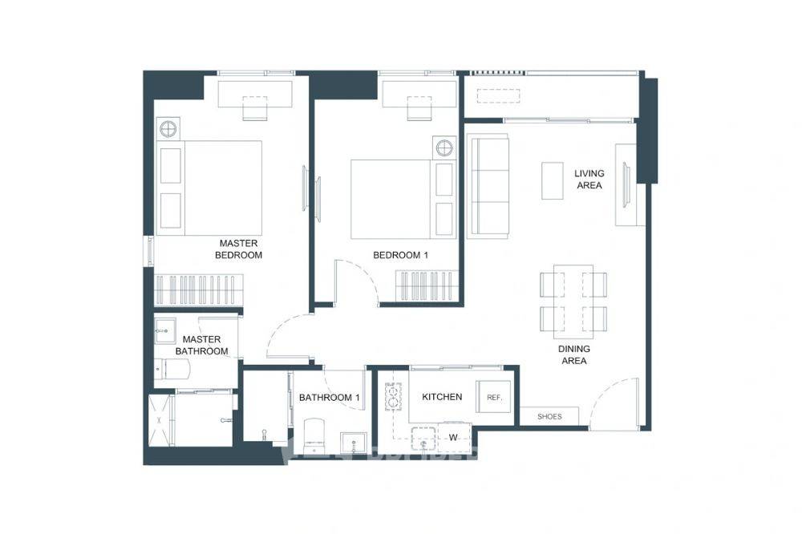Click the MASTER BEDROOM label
[x=238, y=249]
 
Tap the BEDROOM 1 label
[x=401, y=255]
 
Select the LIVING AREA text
[x=589, y=180]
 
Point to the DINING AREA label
[x=574, y=355]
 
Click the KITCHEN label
[x=442, y=397]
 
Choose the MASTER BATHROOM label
[x=201, y=346]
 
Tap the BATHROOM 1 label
[x=329, y=397]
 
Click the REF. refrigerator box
[x=494, y=398]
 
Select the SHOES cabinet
[x=549, y=416]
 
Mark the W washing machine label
[x=453, y=437]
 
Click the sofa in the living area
[x=489, y=187]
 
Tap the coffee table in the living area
[x=553, y=180]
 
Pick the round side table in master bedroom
[x=168, y=128]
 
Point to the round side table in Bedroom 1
[x=444, y=148]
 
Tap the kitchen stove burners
[x=393, y=394]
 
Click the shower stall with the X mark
[x=160, y=419]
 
